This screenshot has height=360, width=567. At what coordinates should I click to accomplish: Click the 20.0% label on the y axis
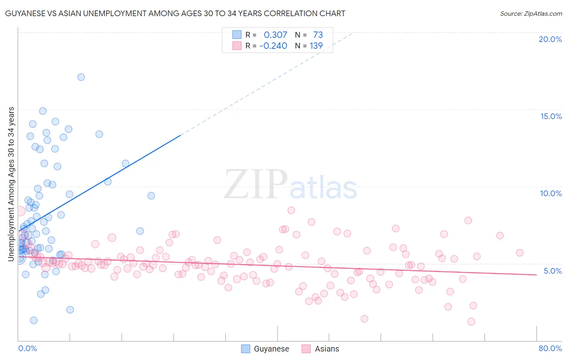pos(550,39)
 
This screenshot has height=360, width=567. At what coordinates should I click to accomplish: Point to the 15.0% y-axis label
pos(551,116)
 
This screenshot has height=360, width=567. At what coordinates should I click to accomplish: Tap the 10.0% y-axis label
pos(551,193)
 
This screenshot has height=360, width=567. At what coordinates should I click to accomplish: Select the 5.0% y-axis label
pos(552,271)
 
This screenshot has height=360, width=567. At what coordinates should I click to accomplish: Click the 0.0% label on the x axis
pos(27,348)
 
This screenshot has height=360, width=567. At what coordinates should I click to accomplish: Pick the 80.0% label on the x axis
pos(550,348)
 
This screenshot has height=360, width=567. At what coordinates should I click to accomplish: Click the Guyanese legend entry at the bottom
pos(271,349)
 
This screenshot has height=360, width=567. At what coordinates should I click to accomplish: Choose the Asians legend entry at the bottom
pos(327,349)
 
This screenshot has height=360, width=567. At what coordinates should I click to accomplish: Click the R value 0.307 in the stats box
pos(275,35)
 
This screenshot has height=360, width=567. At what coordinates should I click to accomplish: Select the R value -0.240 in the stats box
pos(273,46)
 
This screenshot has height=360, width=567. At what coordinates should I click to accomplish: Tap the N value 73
pos(318,35)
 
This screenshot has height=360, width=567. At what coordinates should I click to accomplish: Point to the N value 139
pos(316,46)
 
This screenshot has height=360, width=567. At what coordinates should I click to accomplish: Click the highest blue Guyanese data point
pos(81,77)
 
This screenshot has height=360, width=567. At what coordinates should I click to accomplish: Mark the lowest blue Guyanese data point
pos(34,320)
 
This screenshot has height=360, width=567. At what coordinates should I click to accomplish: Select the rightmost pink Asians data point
pos(519,253)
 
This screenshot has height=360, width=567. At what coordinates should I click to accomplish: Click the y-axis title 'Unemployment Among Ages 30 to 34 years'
pos(11,184)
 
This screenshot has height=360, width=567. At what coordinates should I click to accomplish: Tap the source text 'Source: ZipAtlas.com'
pos(531,14)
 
